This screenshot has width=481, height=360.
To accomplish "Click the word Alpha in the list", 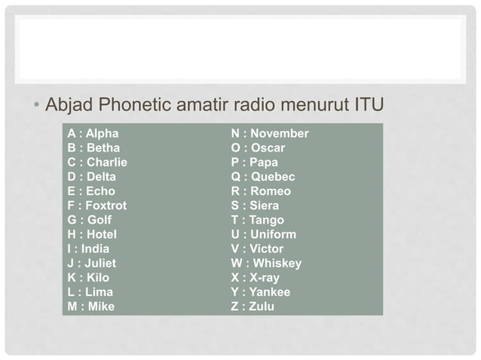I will pos(103,134).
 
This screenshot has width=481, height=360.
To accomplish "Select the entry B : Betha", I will pos(93,148).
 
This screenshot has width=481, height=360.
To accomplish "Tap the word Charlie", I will pos(107,163).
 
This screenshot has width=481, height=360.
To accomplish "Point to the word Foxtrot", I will pos(106,206).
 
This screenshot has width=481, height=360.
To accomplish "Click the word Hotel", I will pos(102,234).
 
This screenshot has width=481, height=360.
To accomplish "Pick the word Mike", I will pos(102,307).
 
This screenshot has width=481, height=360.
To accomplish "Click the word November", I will pos(280,134).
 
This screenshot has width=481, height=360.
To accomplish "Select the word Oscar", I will pos(268,148).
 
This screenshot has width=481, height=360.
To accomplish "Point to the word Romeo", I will pos(271,191).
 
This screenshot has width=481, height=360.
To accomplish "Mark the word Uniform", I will pos(274,234).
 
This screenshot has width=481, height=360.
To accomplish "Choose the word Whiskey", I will pos(278,264).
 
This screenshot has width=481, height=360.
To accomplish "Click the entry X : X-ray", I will pos(255,278).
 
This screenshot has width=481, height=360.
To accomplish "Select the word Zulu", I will pos(262,307).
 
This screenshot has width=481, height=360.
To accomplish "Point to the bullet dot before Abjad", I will pos(36,104).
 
